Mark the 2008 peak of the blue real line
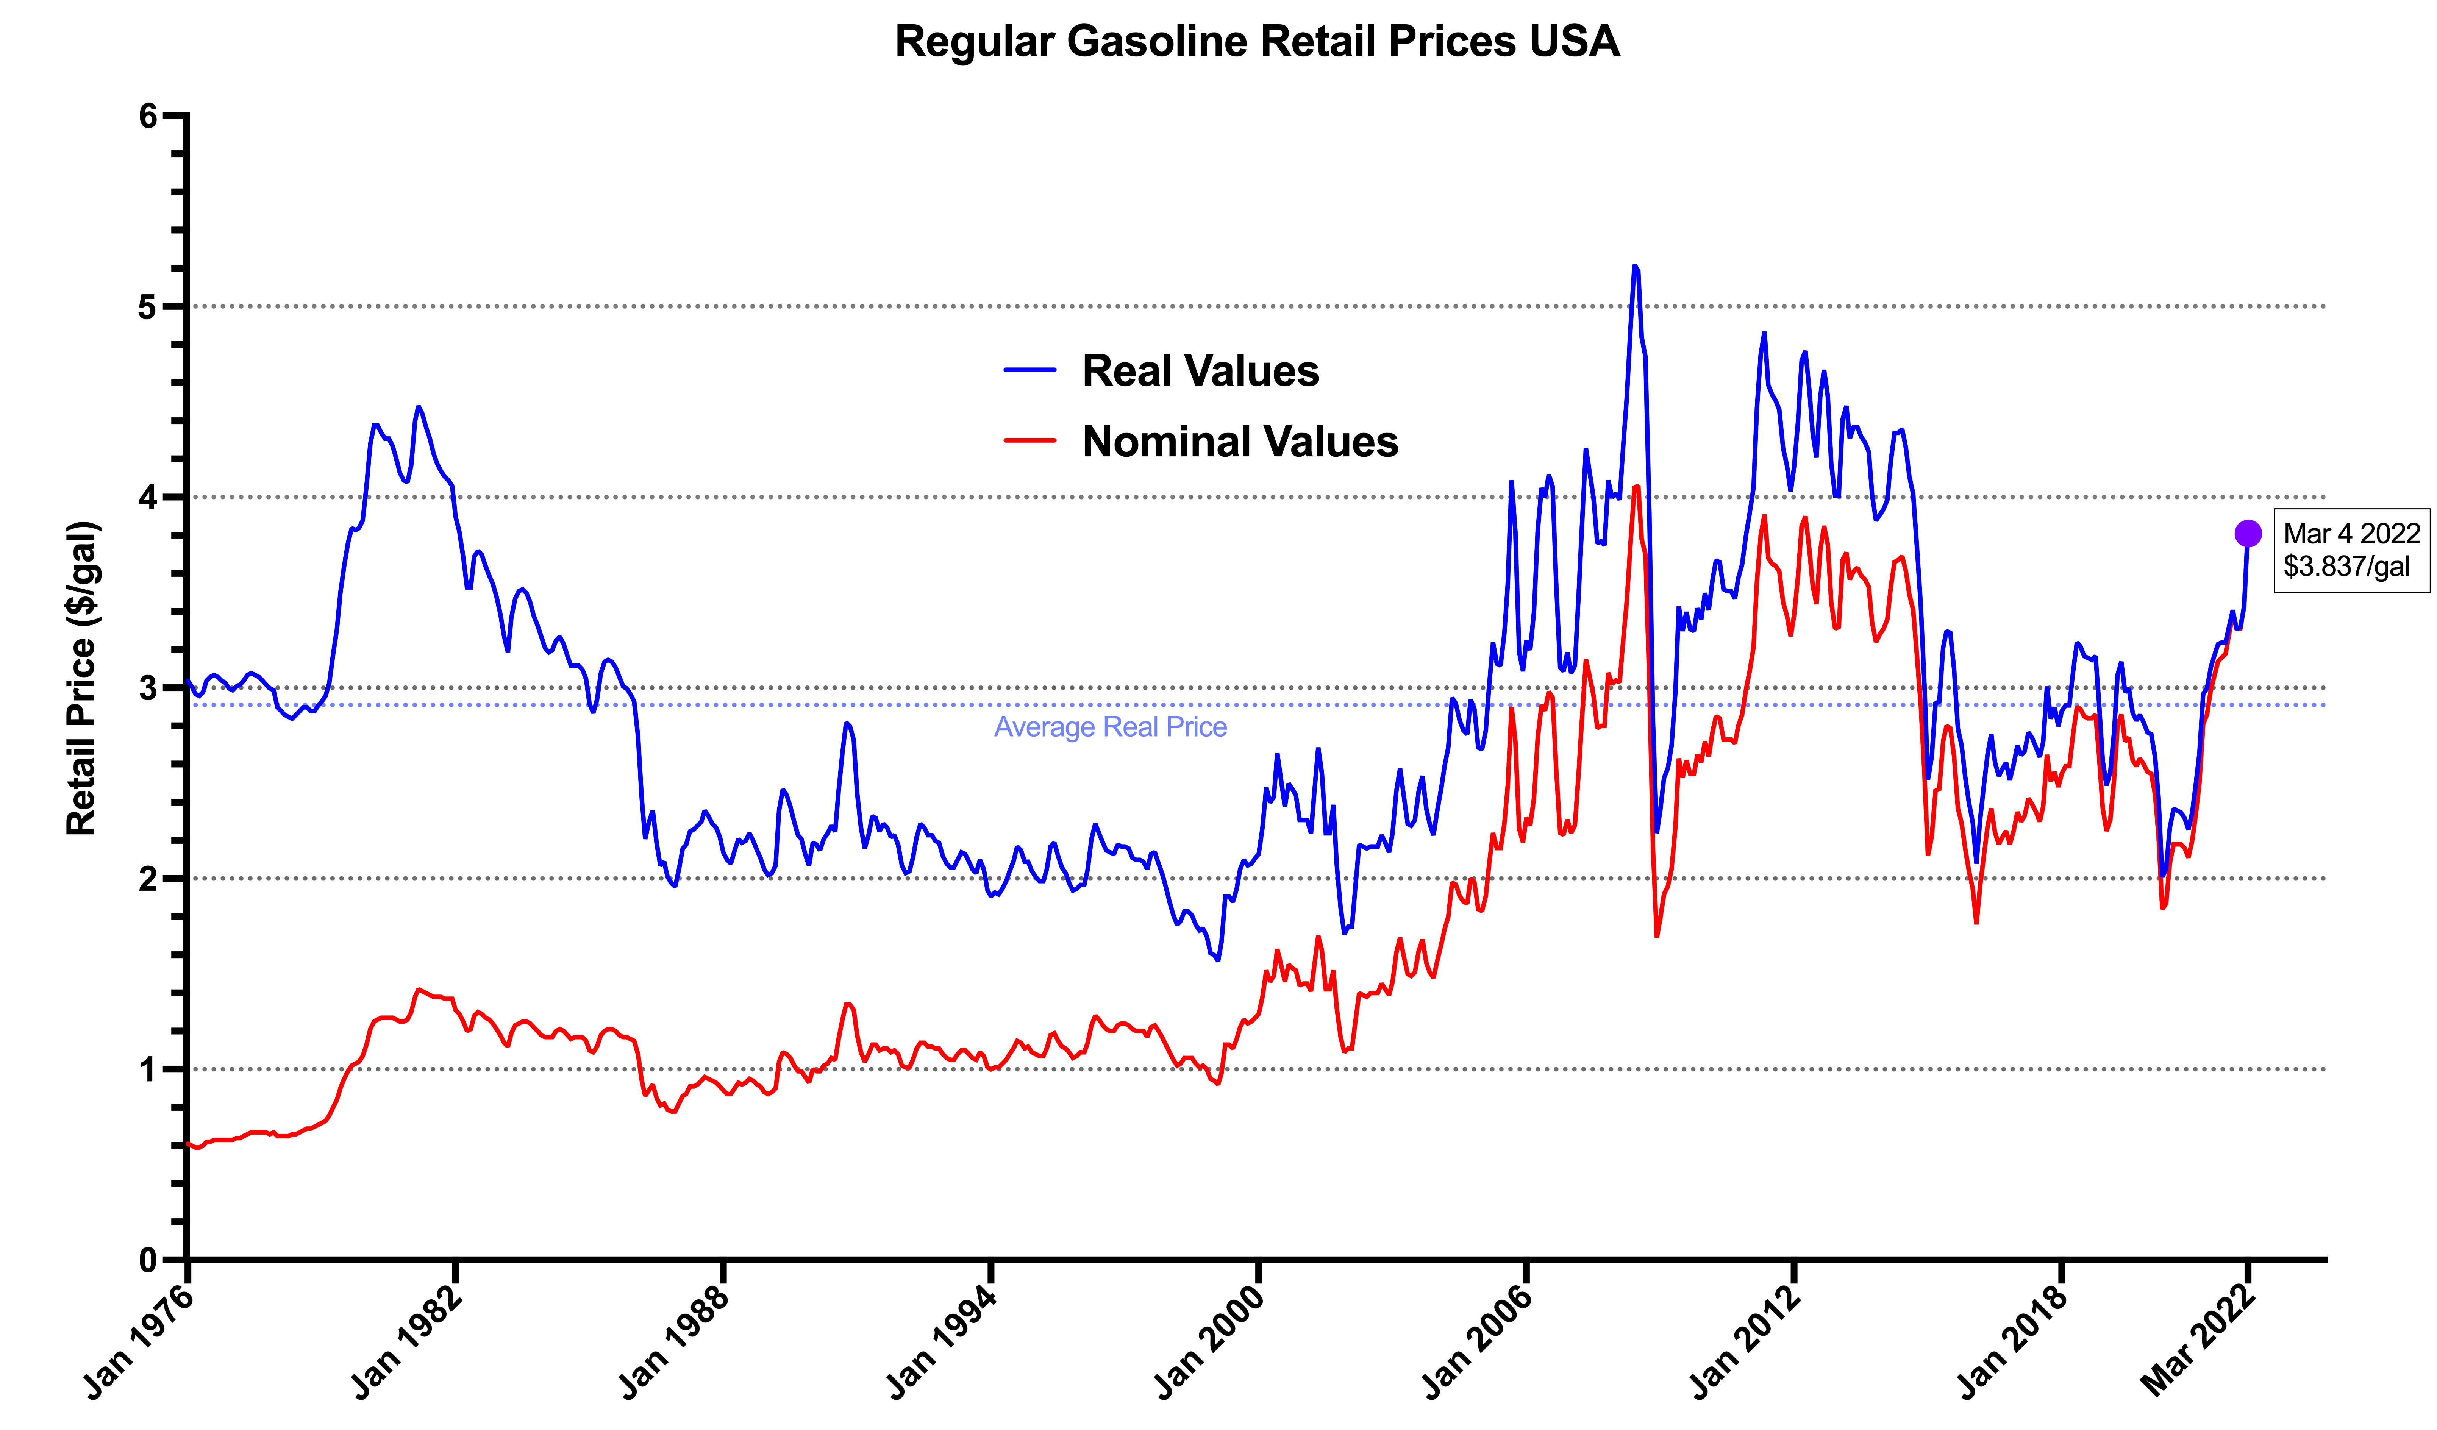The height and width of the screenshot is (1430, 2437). click(x=1634, y=266)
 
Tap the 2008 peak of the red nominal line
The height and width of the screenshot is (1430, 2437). click(x=1636, y=486)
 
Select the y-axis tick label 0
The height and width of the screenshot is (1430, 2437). click(x=148, y=1260)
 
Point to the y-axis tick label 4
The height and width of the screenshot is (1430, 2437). click(x=148, y=497)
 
